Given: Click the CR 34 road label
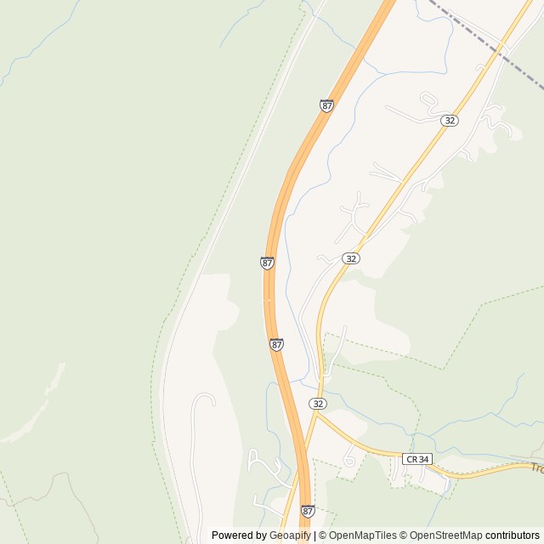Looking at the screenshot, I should (x=417, y=459).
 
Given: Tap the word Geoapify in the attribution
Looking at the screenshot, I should (x=290, y=535).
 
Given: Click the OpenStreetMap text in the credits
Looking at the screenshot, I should (x=441, y=535).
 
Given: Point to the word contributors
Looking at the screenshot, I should (x=513, y=535).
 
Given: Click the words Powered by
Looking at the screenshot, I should (x=239, y=535).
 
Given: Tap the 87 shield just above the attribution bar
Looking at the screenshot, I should (x=307, y=511).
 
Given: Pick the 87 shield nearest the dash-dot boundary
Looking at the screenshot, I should (x=327, y=105).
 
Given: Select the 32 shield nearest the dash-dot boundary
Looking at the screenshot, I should (x=450, y=121).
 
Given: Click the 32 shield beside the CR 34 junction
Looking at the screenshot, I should (x=318, y=403).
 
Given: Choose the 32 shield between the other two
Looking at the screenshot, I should (x=351, y=258).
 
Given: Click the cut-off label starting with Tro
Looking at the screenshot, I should (x=536, y=467).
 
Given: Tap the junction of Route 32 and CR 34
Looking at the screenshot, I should (x=315, y=414).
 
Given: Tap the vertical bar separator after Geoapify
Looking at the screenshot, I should (x=314, y=535).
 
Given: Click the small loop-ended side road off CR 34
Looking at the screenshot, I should (x=349, y=459).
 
